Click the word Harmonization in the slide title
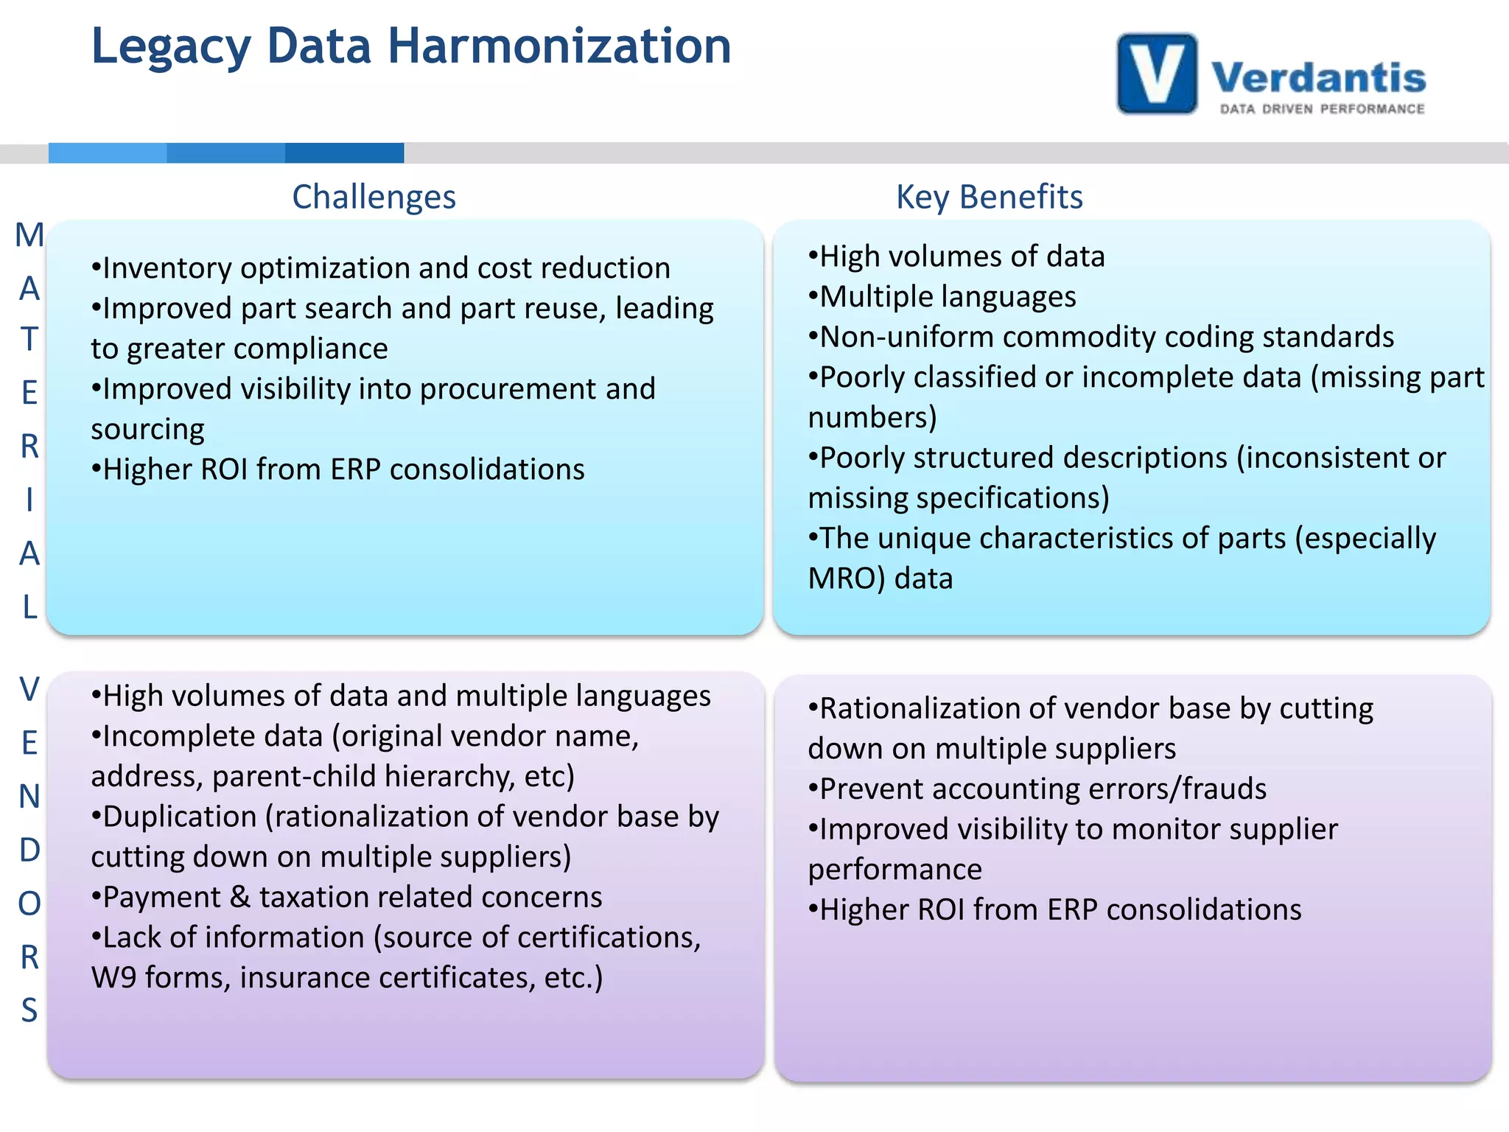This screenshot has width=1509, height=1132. click(559, 46)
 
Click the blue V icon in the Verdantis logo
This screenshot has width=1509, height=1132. click(1157, 74)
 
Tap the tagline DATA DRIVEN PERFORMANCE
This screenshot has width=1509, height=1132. click(1322, 109)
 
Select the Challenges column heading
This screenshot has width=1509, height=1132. click(374, 197)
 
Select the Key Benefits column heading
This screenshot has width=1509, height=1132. click(989, 197)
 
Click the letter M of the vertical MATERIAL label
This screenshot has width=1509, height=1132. click(29, 235)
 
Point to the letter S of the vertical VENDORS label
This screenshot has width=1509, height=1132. click(29, 1010)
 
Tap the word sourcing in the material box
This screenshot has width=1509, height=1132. click(148, 429)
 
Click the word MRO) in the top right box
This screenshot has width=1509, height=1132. click(846, 579)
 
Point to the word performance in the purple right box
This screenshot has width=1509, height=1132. click(894, 870)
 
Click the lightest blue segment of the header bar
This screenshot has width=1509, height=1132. click(108, 153)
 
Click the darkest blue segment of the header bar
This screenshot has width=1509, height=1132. click(344, 153)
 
